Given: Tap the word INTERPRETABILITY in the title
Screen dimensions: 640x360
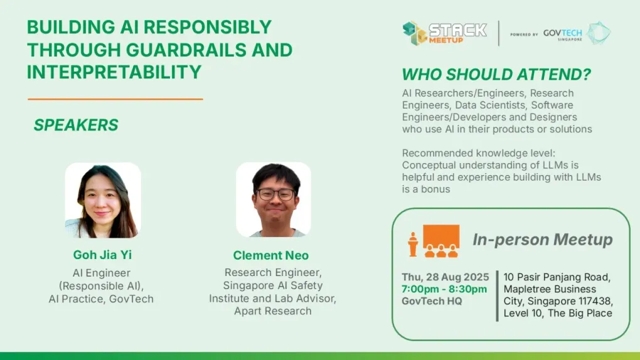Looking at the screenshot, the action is [114, 72].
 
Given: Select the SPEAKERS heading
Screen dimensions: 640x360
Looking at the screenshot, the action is [76, 125].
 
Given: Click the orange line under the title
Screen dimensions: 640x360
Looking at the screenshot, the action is [115, 98].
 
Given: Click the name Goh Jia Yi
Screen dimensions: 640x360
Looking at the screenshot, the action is [102, 255].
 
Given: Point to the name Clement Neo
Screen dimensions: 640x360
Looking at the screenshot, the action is [270, 255].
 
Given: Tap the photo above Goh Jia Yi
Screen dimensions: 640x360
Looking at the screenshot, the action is [103, 200].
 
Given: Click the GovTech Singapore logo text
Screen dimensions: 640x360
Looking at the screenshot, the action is [562, 34].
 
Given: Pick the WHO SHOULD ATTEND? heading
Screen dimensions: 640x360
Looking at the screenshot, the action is [496, 74].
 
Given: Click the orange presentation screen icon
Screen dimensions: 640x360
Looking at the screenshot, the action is [441, 241].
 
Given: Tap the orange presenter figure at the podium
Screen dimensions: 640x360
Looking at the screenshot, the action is [413, 244].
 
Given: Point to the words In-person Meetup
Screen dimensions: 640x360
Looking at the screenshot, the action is [543, 240].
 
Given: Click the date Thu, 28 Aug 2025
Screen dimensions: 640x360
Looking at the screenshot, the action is [445, 277].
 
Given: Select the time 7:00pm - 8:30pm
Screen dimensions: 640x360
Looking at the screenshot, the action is [444, 289].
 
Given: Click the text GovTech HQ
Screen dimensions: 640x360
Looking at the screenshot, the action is [432, 301].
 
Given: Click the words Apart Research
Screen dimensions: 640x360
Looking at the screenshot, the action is [273, 311].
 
